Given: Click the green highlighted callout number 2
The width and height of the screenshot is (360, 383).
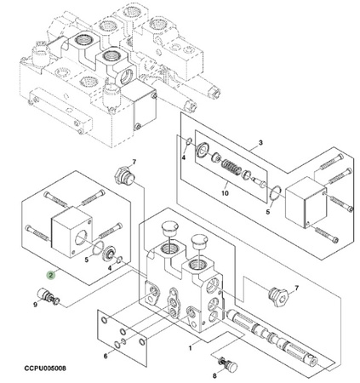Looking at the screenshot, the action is [51, 275].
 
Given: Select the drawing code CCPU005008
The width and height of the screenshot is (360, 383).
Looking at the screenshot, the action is [45, 369].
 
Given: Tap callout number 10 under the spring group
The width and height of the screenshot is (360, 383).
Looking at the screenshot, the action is [225, 193].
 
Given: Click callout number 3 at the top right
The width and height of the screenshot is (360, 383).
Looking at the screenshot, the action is [260, 142].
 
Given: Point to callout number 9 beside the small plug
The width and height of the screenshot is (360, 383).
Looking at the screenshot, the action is [35, 305].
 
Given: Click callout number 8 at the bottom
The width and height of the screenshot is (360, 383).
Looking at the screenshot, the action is [214, 376].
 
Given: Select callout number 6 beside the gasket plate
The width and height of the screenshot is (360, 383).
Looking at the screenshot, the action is [106, 356].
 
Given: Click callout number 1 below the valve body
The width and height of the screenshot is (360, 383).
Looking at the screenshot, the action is [190, 348].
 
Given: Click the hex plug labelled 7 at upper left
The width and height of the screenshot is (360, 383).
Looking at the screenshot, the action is [124, 177].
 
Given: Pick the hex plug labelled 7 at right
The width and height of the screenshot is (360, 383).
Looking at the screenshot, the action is [278, 296].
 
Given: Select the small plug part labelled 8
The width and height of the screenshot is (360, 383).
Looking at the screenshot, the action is [228, 366].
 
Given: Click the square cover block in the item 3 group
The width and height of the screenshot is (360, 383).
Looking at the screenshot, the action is [306, 203].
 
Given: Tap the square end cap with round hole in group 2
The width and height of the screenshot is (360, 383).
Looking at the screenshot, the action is [71, 232].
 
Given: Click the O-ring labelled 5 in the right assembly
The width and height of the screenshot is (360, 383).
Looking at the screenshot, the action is [274, 193].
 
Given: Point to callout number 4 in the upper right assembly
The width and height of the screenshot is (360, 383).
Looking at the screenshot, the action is [184, 157].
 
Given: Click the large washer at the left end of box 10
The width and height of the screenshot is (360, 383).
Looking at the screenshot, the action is [203, 150].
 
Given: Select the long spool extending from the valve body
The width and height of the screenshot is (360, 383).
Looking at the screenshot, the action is [272, 335].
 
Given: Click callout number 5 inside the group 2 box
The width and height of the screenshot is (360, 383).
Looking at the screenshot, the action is [87, 260].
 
